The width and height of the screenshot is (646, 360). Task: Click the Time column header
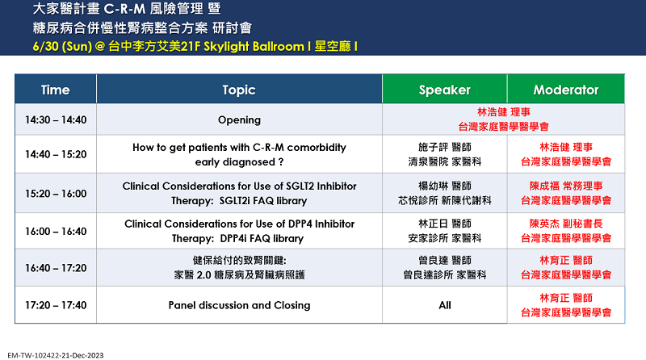(x=56, y=89)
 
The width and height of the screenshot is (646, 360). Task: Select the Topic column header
(x=239, y=89)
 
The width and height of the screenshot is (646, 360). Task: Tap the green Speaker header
(x=445, y=89)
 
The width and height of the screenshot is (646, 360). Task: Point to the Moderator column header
(x=566, y=89)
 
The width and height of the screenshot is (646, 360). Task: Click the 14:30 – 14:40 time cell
(x=56, y=119)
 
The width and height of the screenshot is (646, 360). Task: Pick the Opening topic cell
(x=239, y=119)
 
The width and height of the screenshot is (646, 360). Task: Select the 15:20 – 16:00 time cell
(x=56, y=193)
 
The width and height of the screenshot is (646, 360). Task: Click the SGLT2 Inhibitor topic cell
(x=239, y=193)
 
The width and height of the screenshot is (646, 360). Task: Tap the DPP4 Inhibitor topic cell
(x=239, y=231)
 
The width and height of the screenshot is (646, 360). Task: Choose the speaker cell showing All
(x=445, y=305)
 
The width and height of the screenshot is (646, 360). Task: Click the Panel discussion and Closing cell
(x=239, y=305)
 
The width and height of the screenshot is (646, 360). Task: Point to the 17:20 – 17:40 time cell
(x=56, y=305)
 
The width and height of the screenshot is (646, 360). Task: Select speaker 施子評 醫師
(x=445, y=147)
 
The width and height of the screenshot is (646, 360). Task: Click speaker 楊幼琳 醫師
(x=445, y=186)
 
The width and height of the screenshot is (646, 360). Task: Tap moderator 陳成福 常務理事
(x=566, y=186)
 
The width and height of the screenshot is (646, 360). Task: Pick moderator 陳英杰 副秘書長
(x=566, y=224)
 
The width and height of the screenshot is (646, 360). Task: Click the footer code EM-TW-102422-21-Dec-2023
(x=56, y=355)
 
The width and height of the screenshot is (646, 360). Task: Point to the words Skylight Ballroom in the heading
(x=254, y=46)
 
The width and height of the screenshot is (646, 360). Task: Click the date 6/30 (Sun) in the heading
(x=62, y=46)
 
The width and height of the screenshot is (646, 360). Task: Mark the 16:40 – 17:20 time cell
(x=56, y=268)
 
